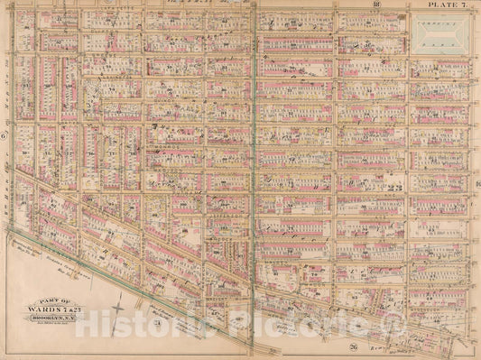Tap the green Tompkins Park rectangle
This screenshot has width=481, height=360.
coord(439,34)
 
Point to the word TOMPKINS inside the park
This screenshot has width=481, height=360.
coord(439,27)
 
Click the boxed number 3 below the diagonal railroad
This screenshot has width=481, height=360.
coord(155,323)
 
